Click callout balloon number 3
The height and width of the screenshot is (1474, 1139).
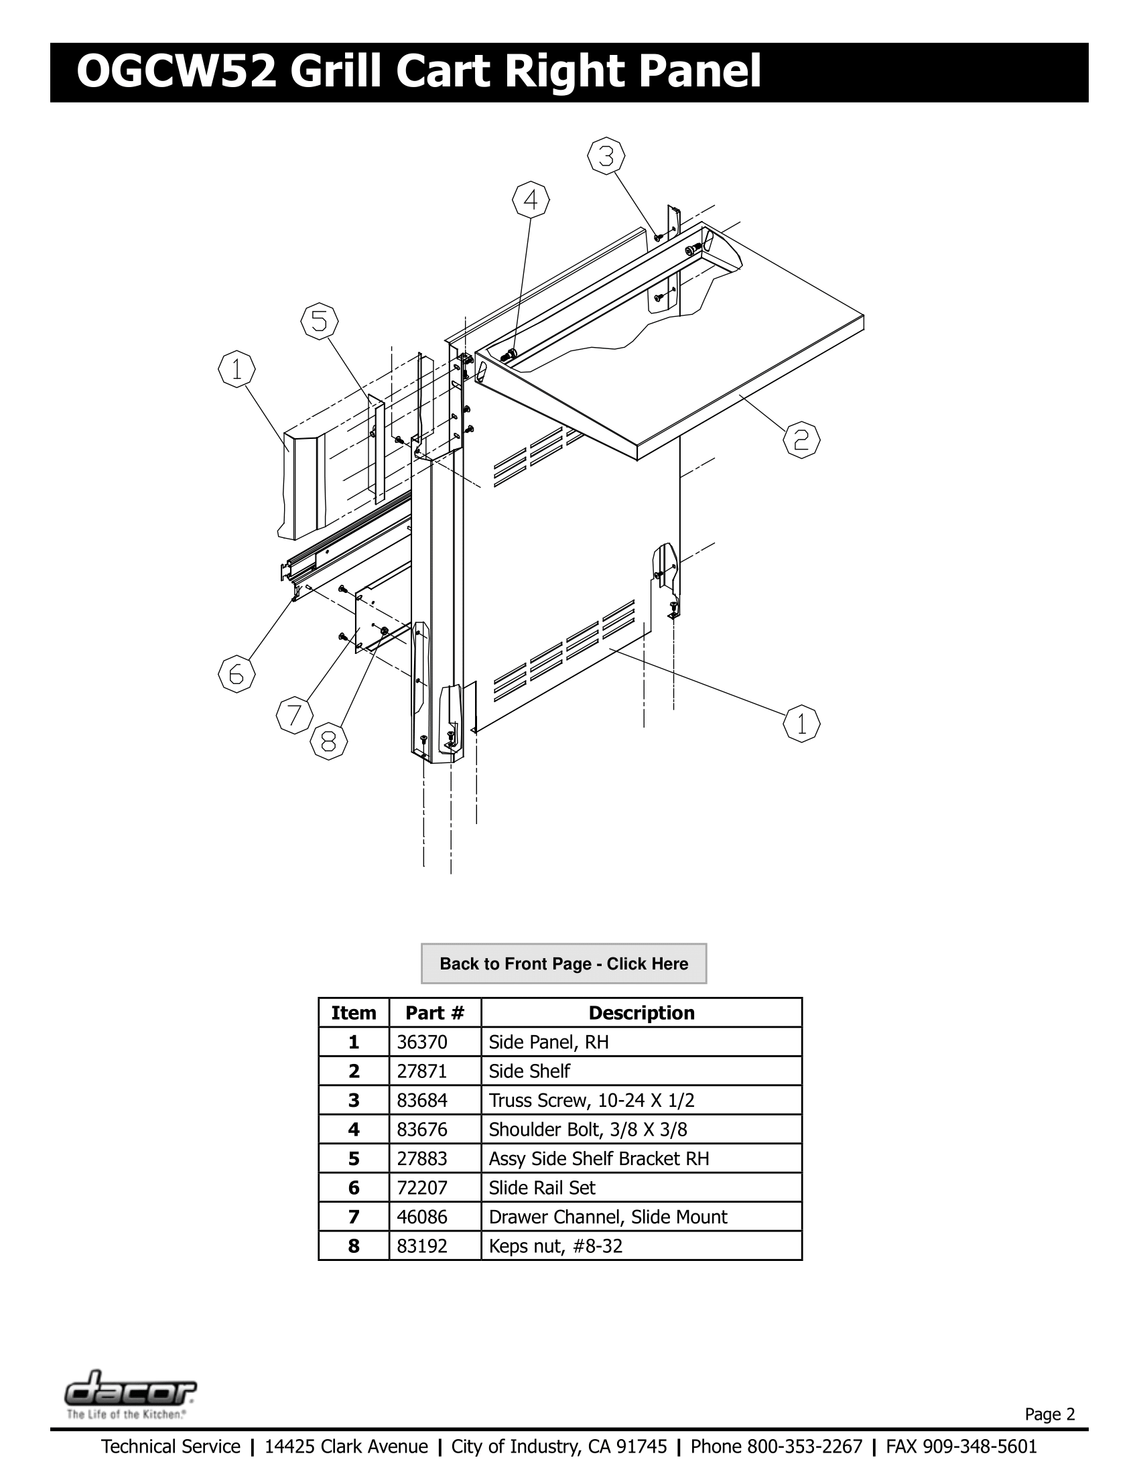[x=606, y=157]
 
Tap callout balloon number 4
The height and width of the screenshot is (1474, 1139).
[x=531, y=200]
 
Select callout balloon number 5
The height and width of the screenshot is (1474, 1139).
[x=319, y=322]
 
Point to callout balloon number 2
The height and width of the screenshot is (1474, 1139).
[x=801, y=441]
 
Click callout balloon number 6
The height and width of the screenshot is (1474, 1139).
[x=236, y=673]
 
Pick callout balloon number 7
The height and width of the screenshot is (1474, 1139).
[x=294, y=716]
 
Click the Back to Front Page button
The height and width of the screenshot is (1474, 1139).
[x=563, y=963]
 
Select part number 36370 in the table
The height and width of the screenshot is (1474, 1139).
[x=421, y=1042]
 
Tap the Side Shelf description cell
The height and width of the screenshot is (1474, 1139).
[x=529, y=1071]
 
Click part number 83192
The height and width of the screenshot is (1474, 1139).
[x=421, y=1246]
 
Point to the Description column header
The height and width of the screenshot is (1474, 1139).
[x=641, y=1012]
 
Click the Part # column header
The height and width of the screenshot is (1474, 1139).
[x=435, y=1012]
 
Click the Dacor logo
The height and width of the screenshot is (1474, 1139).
[x=131, y=1389]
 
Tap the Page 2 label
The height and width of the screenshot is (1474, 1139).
[x=1049, y=1414]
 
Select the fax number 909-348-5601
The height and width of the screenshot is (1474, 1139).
[x=979, y=1447]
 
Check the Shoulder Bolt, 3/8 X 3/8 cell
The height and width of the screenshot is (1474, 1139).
[x=588, y=1129]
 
